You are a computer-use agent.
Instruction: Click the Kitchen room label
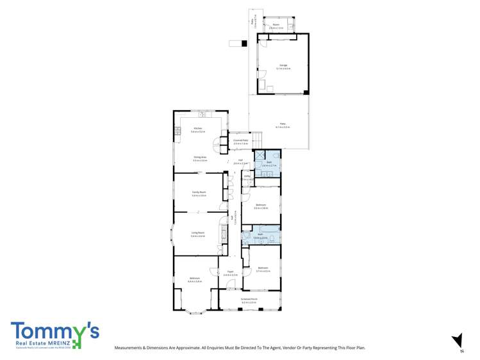tap(197, 128)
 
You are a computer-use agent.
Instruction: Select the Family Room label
tap(199, 192)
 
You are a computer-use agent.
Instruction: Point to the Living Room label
tap(197, 233)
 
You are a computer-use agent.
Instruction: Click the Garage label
tap(283, 65)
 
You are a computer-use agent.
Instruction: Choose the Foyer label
tap(230, 272)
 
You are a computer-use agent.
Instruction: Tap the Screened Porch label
tap(249, 298)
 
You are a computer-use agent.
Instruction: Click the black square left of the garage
tap(244, 44)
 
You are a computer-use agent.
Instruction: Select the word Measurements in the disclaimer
tap(128, 348)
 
